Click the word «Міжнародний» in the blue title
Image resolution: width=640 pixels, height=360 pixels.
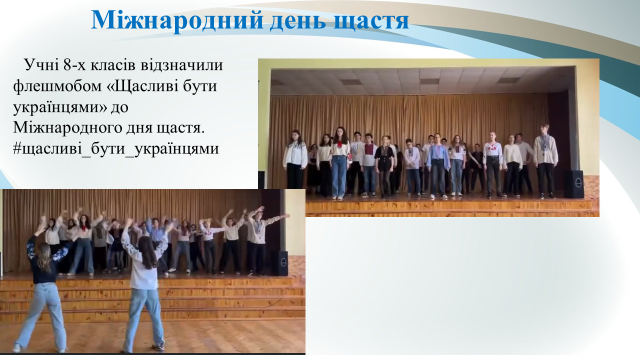tap(177, 20)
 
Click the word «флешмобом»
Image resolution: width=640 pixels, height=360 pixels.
tap(57, 85)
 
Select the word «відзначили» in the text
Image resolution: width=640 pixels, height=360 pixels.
tap(181, 64)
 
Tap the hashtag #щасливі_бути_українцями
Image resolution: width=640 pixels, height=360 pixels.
tap(115, 149)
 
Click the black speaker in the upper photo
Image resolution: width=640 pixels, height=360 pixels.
tap(573, 184)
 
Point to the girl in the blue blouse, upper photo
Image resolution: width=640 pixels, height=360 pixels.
tap(437, 165)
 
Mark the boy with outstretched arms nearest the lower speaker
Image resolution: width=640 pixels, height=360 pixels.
tap(260, 240)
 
